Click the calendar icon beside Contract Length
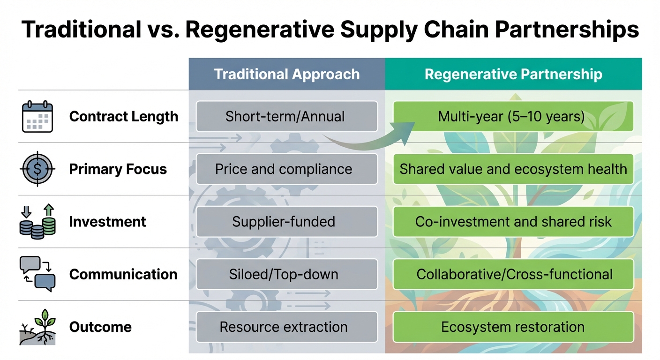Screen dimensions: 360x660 coord(37,117)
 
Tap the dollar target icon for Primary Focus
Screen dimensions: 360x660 coord(37,169)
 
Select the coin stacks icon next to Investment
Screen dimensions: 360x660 coord(37,221)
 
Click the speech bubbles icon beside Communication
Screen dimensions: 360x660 coord(37,274)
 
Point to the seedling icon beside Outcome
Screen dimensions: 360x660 coord(37,327)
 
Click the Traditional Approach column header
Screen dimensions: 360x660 coord(286,74)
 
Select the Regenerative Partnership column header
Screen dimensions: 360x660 coord(513,74)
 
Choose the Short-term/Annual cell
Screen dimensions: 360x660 coord(286,116)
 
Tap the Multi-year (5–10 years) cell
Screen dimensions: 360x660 coord(513,116)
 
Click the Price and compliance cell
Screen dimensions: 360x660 coord(286,169)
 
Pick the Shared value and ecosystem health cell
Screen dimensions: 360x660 coord(513,169)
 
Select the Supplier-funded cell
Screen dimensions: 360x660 coord(286,222)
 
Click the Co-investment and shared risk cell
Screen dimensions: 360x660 coord(513,222)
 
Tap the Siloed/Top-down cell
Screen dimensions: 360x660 coord(286,274)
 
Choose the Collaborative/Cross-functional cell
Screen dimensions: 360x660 coord(513,274)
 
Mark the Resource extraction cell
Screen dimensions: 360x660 coord(286,327)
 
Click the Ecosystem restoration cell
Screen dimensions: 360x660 coord(513,327)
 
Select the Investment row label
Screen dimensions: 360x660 coord(107,222)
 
